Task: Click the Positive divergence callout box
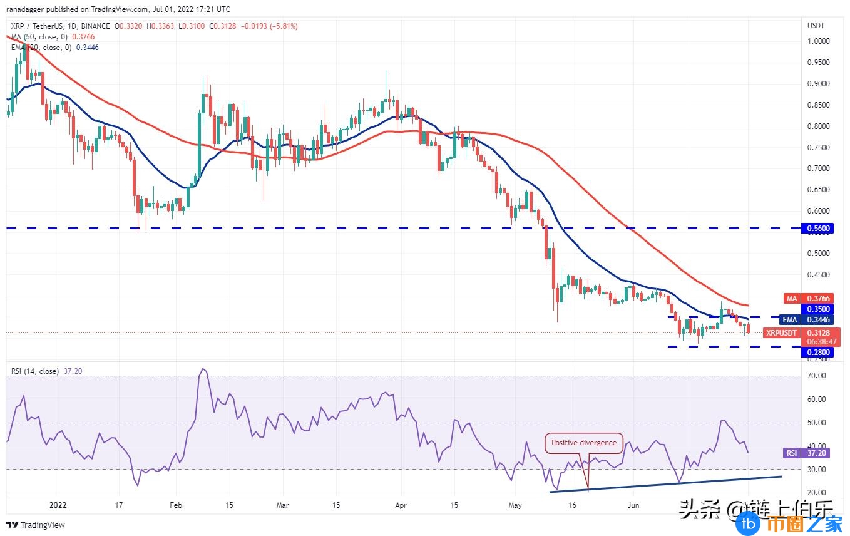(584, 443)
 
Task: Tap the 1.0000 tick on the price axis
(818, 41)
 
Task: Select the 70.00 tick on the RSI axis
(816, 376)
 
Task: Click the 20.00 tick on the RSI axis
(816, 492)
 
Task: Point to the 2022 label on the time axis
(57, 505)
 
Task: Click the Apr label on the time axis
(401, 505)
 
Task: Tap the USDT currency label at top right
(816, 26)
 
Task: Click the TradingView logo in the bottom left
(36, 525)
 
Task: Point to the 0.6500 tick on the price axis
(818, 190)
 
